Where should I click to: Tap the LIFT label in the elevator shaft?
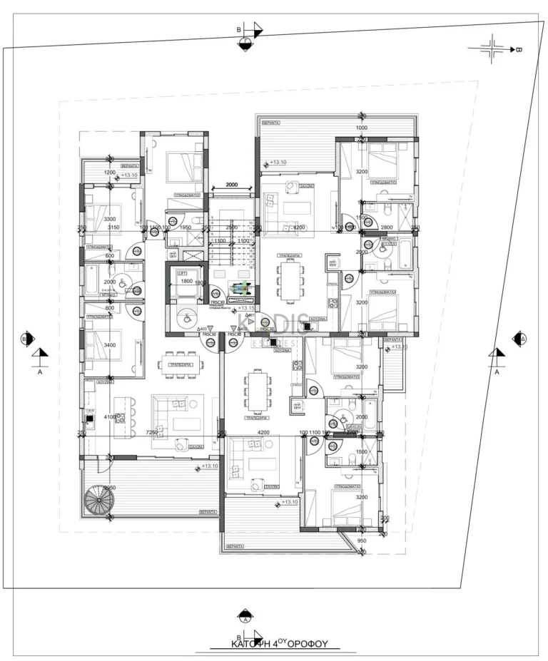(184, 273)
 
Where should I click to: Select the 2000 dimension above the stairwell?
(230, 184)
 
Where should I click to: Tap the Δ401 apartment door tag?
(250, 315)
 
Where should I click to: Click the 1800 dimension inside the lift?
(186, 282)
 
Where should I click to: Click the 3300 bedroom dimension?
(110, 219)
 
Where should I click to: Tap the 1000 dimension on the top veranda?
(362, 128)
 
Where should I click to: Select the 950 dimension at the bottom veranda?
(361, 540)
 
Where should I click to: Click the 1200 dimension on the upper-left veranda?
(110, 173)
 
